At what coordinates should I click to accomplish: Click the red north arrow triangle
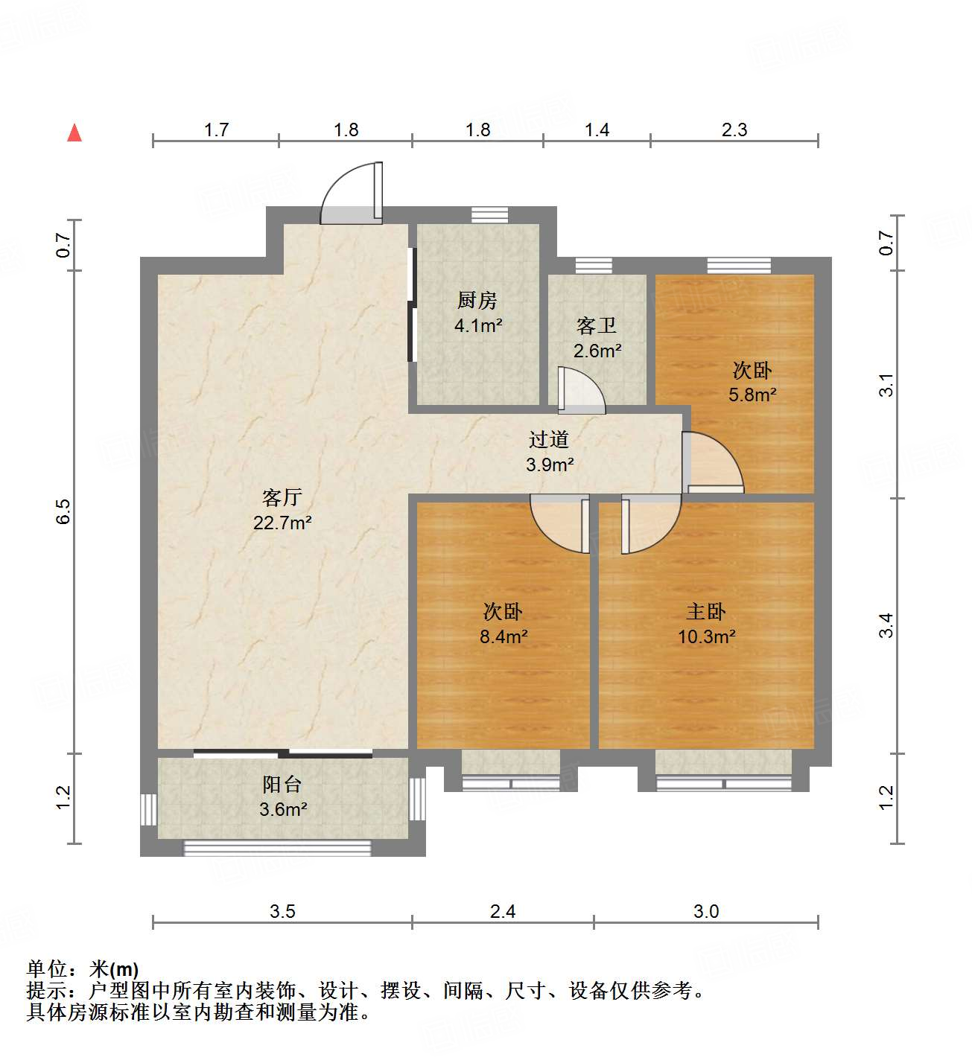pos(74,133)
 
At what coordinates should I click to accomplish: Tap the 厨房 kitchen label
pos(477,300)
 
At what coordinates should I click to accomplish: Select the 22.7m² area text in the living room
pos(282,523)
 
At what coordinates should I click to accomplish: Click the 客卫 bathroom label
pos(597,326)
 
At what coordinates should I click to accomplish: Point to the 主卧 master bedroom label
pos(706,612)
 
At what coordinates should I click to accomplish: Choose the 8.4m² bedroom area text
pos(504,637)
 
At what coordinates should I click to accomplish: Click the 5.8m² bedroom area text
pos(752,395)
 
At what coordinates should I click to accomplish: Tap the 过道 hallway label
pos(549,440)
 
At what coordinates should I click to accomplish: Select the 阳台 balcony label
pos(282,785)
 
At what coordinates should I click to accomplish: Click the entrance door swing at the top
pos(350,194)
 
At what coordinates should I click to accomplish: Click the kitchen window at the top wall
pos(490,214)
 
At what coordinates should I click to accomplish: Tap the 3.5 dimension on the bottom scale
pos(282,911)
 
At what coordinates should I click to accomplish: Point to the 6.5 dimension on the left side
pos(63,511)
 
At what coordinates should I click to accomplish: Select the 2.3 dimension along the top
pos(734,130)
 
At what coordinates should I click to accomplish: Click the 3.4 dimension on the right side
pos(886,625)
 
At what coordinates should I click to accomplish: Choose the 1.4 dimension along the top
pos(597,130)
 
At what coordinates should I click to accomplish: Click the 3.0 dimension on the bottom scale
pos(705,911)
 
